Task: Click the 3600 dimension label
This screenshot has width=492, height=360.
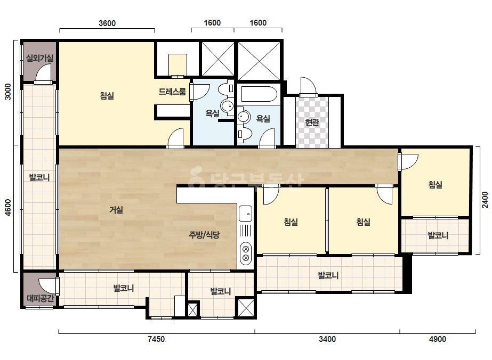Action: (x=107, y=23)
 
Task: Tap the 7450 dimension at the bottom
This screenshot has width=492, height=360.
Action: (x=156, y=339)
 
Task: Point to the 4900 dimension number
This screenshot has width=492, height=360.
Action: (x=438, y=339)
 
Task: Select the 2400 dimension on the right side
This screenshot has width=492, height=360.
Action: (x=485, y=200)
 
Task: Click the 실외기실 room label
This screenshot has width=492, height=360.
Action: (x=39, y=58)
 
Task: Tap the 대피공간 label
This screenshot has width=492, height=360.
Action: (x=40, y=298)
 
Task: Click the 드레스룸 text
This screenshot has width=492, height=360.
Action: (x=172, y=92)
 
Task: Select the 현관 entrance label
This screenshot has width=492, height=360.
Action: (x=312, y=122)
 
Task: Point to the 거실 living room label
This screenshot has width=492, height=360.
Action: (x=116, y=210)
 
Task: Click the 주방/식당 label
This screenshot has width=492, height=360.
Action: (x=204, y=234)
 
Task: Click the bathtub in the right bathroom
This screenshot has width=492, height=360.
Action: (x=259, y=94)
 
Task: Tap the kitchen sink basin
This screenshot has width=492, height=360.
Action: (x=245, y=214)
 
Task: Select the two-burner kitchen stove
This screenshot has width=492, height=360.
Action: (x=245, y=253)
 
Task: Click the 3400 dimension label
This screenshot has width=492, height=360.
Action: (x=327, y=339)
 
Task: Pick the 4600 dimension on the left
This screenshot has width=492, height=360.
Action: (x=8, y=208)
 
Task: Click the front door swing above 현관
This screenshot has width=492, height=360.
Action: (x=308, y=86)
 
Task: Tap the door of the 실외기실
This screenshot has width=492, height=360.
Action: (x=43, y=74)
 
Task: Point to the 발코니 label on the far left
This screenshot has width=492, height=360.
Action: (x=39, y=177)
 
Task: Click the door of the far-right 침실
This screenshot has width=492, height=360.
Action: (x=408, y=161)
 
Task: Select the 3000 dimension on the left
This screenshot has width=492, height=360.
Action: (x=8, y=92)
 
